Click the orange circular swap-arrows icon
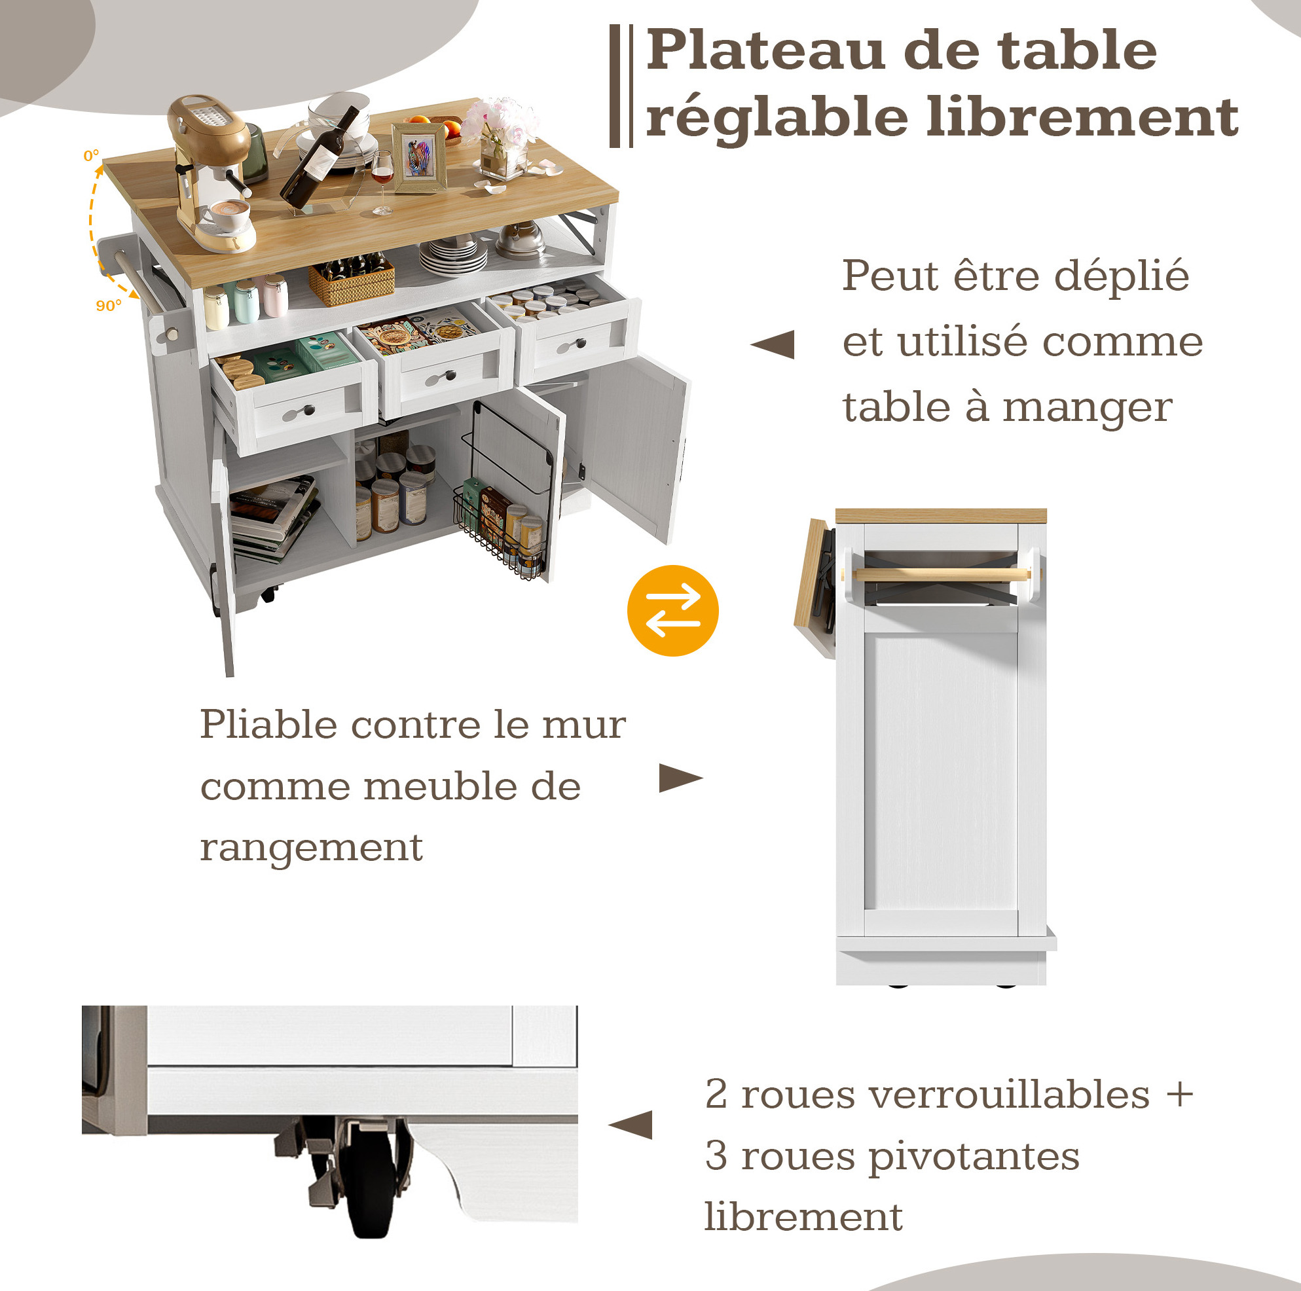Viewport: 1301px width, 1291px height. (672, 610)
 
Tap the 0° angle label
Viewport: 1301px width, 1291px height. (91, 156)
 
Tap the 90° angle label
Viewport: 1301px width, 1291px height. (109, 306)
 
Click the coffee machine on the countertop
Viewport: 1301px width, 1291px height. (211, 172)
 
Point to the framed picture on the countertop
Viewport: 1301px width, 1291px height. (420, 157)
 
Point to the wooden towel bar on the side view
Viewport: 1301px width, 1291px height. (941, 573)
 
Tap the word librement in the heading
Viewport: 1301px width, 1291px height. (1083, 117)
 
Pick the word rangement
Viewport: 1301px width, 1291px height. (311, 848)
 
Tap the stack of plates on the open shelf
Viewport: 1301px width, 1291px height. (453, 255)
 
